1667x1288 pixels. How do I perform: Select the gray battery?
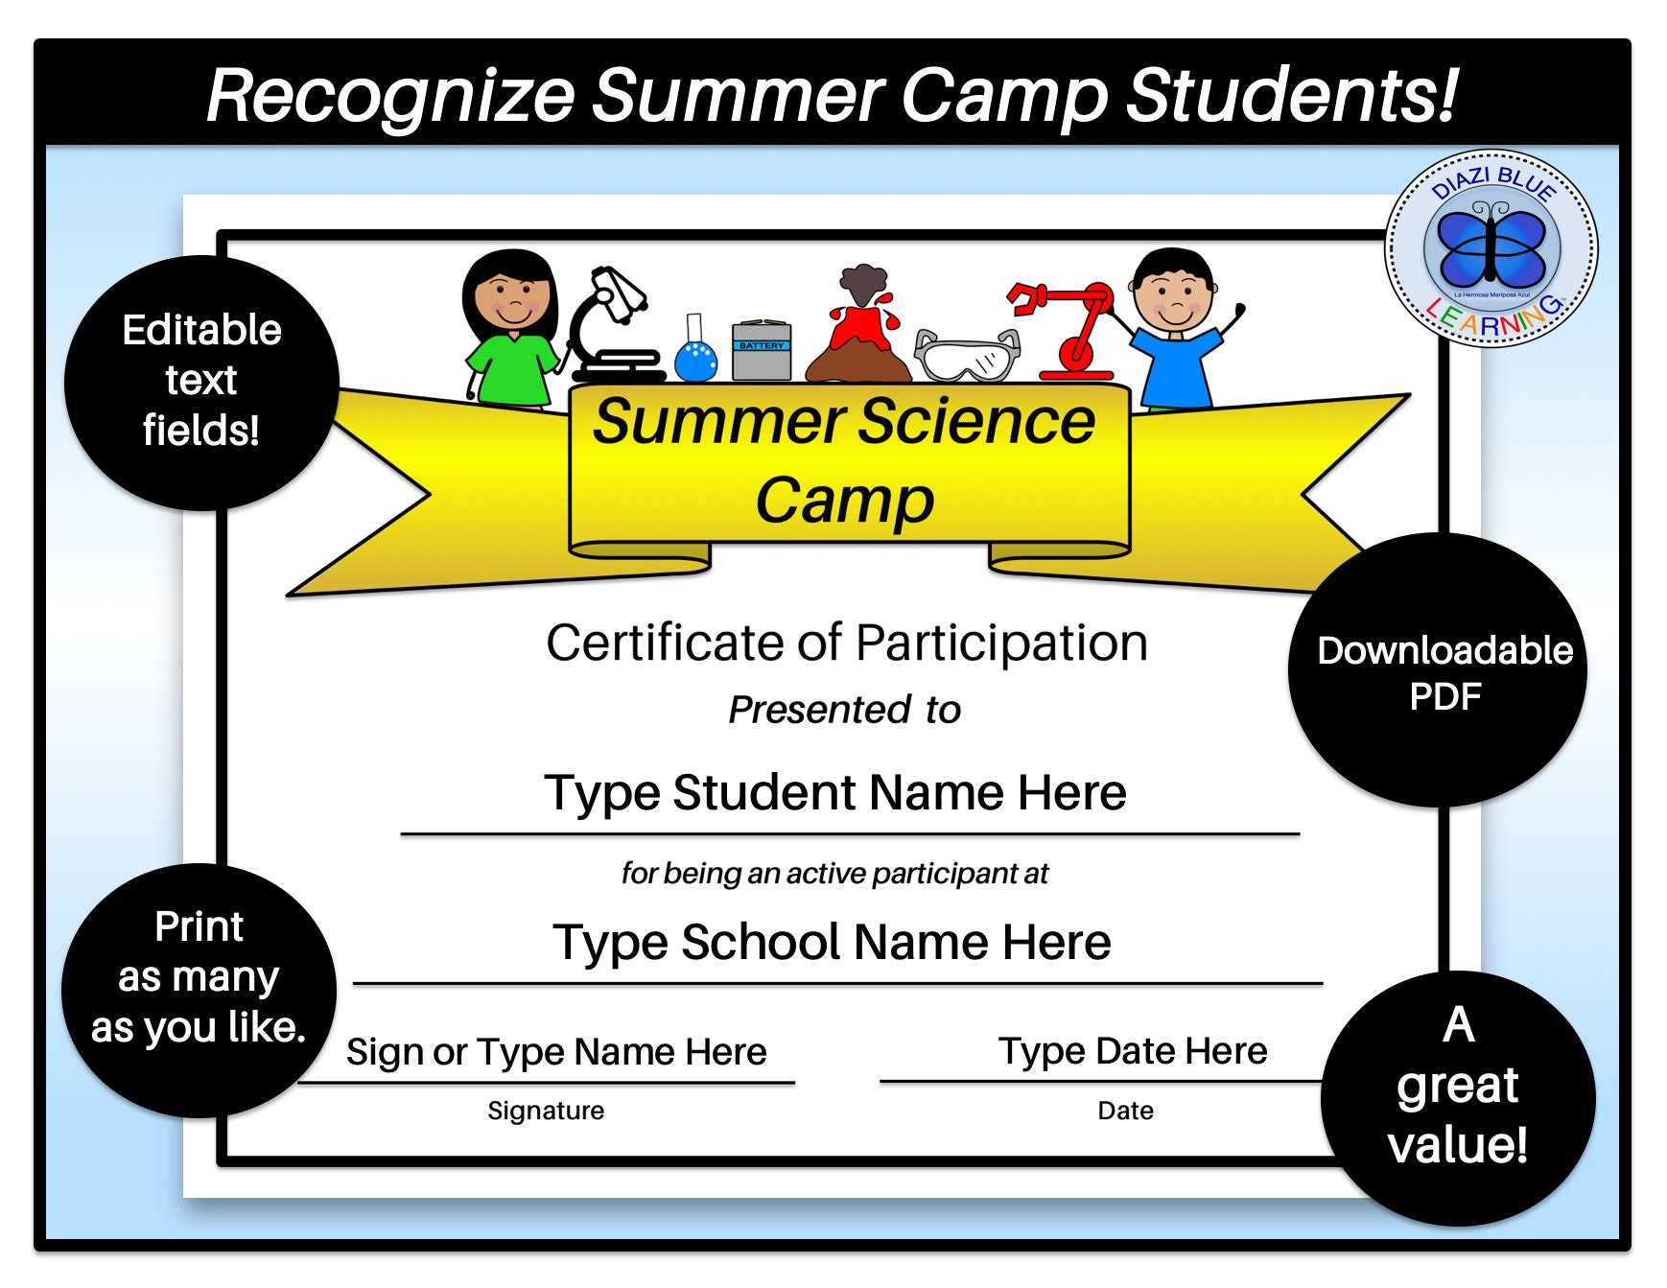pyautogui.click(x=762, y=351)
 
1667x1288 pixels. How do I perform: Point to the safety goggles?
pyautogui.click(x=966, y=355)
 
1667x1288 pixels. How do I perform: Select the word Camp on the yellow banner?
pyautogui.click(x=844, y=501)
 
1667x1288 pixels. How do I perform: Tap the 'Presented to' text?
pyautogui.click(x=844, y=710)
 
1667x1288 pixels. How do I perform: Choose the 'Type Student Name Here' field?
pyautogui.click(x=834, y=793)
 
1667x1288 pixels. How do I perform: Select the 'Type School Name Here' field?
pyautogui.click(x=832, y=942)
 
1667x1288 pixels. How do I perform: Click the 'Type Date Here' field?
pyautogui.click(x=1132, y=1051)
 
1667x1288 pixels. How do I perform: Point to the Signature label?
pyautogui.click(x=546, y=1111)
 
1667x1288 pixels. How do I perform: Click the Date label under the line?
pyautogui.click(x=1125, y=1111)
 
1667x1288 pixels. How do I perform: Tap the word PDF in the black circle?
pyautogui.click(x=1444, y=696)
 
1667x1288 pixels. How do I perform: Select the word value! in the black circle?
pyautogui.click(x=1457, y=1145)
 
